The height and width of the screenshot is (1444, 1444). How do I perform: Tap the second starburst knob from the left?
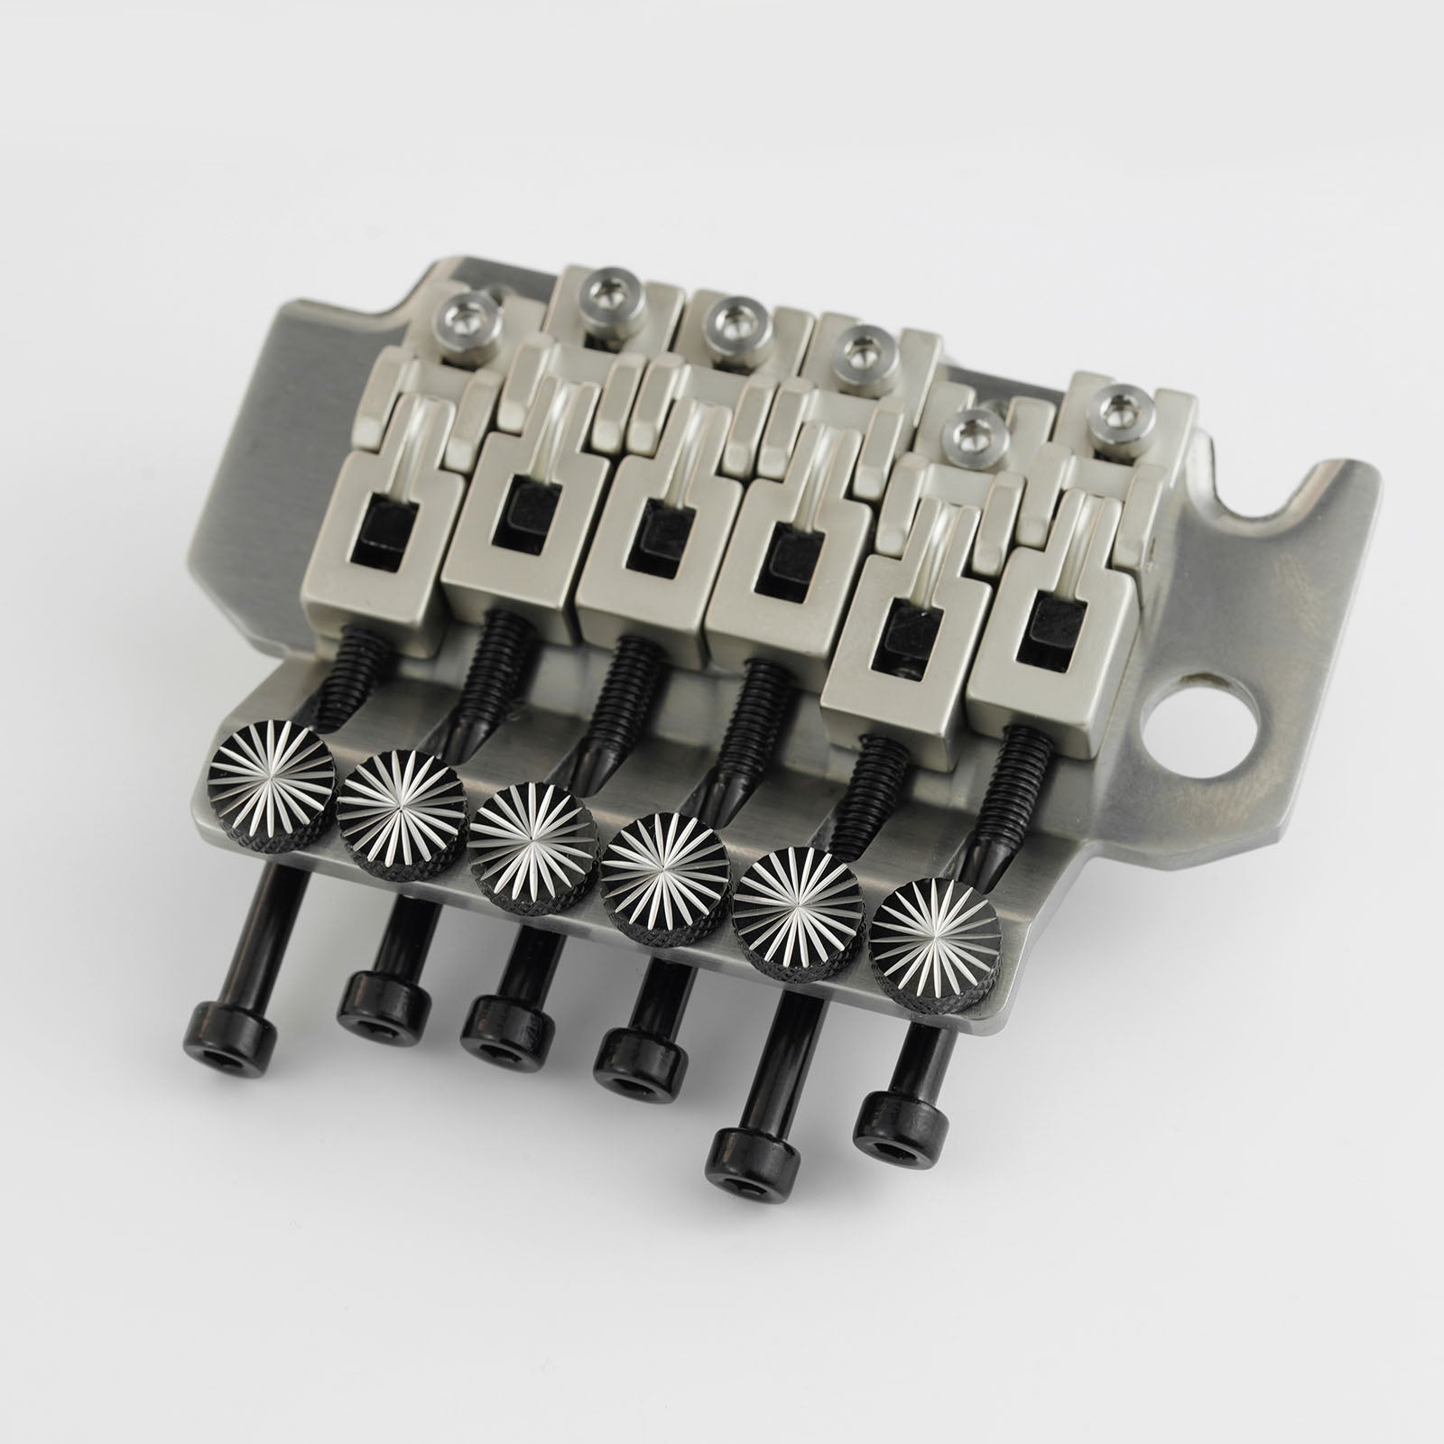388,798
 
